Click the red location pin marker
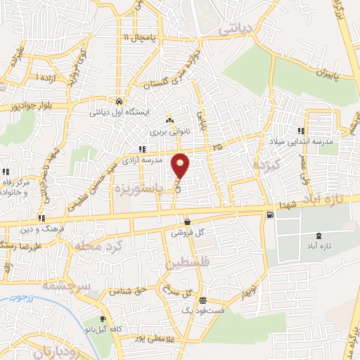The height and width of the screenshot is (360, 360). point(181,166)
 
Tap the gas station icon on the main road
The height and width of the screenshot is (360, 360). point(271,214)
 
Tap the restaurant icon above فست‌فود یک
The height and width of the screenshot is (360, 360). point(202,299)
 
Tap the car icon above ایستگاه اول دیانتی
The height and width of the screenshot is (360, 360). point(119,101)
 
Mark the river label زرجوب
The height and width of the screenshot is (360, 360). point(27,300)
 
